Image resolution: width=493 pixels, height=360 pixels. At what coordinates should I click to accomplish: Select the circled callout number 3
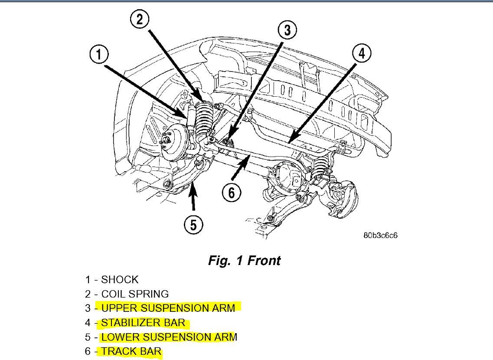click(287, 31)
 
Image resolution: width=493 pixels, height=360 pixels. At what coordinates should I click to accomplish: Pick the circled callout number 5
click(193, 225)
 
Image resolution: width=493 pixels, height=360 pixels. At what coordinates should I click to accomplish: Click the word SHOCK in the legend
click(120, 280)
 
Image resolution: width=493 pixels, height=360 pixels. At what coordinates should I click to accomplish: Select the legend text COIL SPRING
click(135, 294)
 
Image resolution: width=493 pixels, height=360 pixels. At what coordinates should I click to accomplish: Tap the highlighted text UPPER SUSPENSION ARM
click(168, 308)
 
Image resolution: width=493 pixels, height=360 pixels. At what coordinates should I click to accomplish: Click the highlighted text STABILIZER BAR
click(143, 323)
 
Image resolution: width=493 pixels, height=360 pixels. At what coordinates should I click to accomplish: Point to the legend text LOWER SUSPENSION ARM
click(169, 337)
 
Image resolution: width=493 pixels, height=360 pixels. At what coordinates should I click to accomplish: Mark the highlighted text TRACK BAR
click(131, 351)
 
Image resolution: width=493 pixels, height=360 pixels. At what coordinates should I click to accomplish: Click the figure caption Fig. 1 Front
click(244, 260)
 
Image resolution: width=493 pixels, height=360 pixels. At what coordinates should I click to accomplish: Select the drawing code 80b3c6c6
click(380, 236)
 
